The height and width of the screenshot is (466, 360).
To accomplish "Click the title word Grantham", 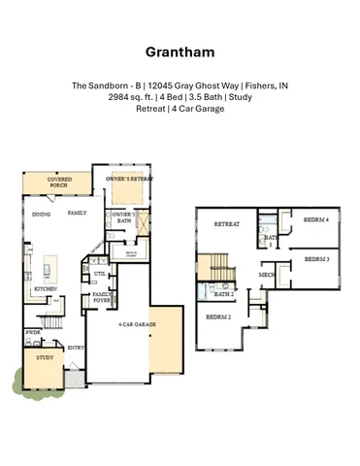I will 180,51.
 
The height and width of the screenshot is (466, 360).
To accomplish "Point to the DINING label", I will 41,214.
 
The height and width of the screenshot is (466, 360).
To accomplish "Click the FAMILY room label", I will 77,212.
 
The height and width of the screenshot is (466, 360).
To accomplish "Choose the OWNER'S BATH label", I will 121,217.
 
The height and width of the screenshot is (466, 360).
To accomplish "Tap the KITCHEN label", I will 45,288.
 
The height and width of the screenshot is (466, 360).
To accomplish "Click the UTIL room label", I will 99,275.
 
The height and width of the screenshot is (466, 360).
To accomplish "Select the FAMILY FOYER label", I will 102,297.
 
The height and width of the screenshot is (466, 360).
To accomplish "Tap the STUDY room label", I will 44,357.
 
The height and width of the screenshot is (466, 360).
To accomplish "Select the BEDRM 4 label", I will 314,220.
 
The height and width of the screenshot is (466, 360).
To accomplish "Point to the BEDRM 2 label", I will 217,316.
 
